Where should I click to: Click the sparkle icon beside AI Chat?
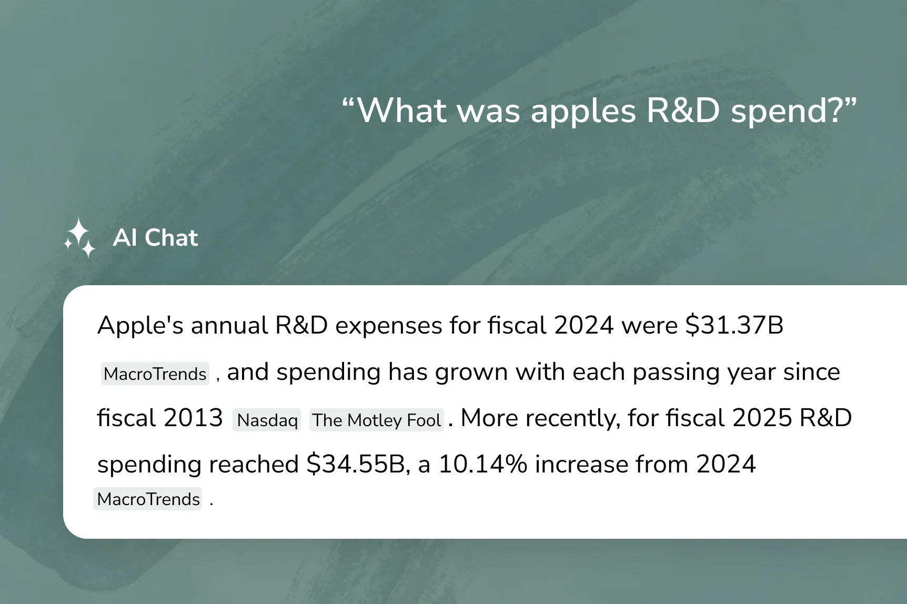(79, 238)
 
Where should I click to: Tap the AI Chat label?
(155, 238)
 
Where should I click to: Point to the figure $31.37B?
(734, 325)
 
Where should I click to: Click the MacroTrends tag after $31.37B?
(155, 374)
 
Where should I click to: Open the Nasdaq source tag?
(267, 420)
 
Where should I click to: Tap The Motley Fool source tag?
(377, 420)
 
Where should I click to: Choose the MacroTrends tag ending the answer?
(148, 499)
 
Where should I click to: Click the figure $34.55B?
(355, 464)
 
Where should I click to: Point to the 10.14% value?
(483, 464)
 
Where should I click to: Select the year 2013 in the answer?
(193, 418)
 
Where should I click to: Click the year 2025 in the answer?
(762, 418)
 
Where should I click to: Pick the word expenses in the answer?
(389, 326)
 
